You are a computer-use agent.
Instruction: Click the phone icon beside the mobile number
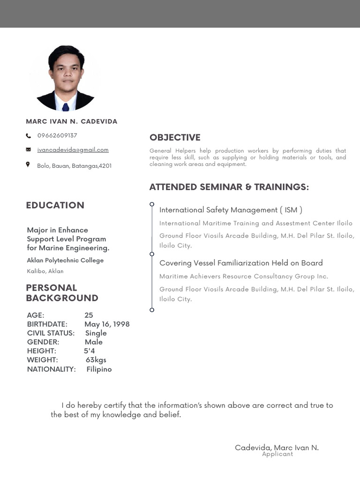tap(28, 136)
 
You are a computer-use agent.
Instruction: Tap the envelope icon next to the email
tap(28, 150)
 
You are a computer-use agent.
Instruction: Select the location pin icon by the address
tap(28, 165)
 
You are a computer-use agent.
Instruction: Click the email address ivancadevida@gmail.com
tap(73, 150)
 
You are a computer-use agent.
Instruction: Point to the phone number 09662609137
tap(57, 135)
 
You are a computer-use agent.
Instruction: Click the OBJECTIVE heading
tap(175, 137)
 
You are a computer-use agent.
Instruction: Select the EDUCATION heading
tap(55, 205)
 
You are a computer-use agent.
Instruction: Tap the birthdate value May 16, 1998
tap(107, 324)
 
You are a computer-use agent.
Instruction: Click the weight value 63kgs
tap(96, 360)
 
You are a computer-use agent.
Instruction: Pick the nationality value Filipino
tap(99, 369)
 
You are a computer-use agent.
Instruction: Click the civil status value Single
tap(96, 333)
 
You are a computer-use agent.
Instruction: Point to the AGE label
tap(36, 315)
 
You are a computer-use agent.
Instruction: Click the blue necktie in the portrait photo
tap(66, 106)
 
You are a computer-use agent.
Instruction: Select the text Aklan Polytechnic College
tap(65, 260)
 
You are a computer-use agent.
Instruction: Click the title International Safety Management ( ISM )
tap(231, 210)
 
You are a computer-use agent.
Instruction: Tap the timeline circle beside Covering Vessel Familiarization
tap(152, 254)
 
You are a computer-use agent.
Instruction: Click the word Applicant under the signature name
tap(277, 454)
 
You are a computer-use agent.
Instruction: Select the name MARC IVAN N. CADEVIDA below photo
tap(72, 121)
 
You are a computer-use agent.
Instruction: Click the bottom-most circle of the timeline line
tap(152, 310)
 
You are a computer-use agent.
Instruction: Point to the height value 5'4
tap(90, 351)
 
